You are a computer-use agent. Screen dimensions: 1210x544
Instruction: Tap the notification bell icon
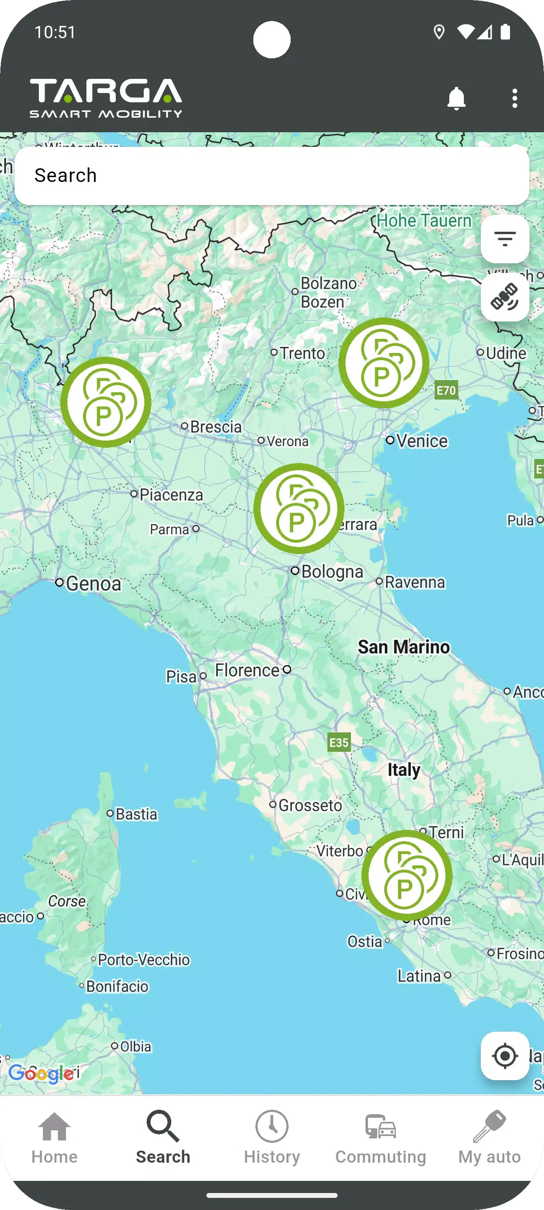click(x=456, y=99)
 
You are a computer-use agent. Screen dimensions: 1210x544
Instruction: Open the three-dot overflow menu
click(x=514, y=99)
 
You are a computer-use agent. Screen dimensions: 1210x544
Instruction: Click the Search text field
click(x=272, y=176)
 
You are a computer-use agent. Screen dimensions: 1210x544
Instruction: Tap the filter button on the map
click(x=504, y=239)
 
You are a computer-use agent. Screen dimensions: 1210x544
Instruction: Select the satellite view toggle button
click(x=504, y=297)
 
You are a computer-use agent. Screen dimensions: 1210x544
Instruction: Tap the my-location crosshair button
click(x=504, y=1056)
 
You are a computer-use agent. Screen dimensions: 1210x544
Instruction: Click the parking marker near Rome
click(x=406, y=875)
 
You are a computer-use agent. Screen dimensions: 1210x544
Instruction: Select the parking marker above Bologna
click(x=299, y=508)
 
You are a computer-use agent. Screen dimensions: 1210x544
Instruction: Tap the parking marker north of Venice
click(x=384, y=363)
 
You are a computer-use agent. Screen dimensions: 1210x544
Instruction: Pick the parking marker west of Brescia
click(x=106, y=402)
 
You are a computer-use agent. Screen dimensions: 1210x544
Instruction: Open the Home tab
click(x=55, y=1137)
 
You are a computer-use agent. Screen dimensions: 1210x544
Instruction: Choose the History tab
click(x=272, y=1137)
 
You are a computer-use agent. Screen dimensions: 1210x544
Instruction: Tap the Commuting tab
click(x=380, y=1137)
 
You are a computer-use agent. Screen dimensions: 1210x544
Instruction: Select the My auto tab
click(x=489, y=1137)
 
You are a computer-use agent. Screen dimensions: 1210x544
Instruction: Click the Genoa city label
click(x=93, y=584)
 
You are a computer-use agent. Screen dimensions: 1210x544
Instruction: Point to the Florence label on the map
click(x=247, y=670)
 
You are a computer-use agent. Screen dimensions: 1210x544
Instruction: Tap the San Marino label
click(x=404, y=647)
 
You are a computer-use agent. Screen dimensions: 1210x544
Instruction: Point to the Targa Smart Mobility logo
click(x=106, y=98)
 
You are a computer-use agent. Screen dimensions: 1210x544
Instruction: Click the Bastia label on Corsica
click(x=136, y=814)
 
